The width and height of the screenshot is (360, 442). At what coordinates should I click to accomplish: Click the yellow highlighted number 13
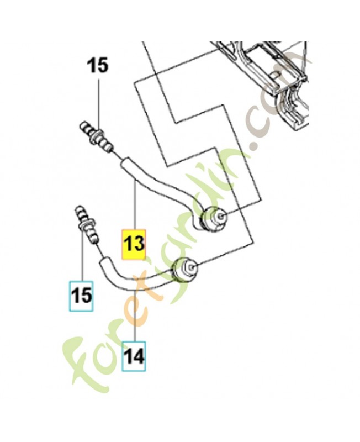coord(134,243)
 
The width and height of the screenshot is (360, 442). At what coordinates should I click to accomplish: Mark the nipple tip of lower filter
coord(194,268)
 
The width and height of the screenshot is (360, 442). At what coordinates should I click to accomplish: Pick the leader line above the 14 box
coord(134,315)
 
